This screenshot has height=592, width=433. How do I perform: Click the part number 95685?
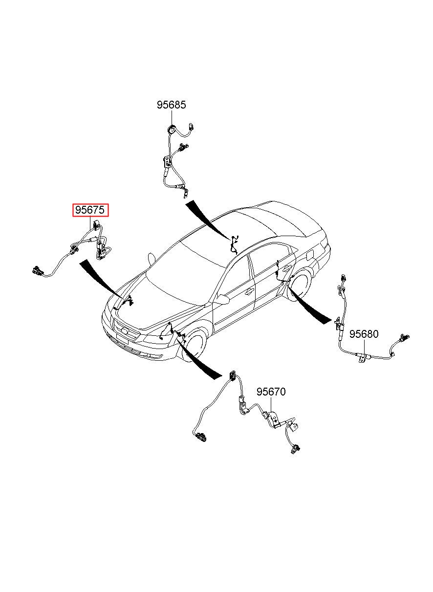coord(171,105)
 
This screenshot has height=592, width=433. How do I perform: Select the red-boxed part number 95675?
coord(90,210)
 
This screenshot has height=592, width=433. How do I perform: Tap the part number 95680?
coord(363,334)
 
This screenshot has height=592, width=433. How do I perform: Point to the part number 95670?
coord(271,392)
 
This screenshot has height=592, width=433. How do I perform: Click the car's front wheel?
coord(196,345)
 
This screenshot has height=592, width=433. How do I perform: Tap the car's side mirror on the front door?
coord(222,299)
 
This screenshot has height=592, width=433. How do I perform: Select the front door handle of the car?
coord(249,292)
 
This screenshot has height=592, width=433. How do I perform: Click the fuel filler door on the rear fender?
coord(309,255)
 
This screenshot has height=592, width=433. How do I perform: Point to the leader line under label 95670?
coord(272,404)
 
